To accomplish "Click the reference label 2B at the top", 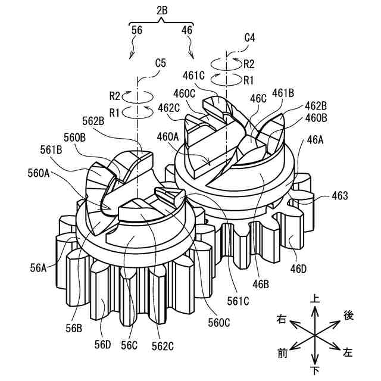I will click(x=162, y=11).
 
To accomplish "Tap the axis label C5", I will click(x=161, y=61).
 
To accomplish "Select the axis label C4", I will click(x=251, y=37).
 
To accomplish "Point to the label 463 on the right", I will click(x=342, y=195).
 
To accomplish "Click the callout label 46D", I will click(x=298, y=269).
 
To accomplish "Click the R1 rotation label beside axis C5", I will click(x=115, y=112).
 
